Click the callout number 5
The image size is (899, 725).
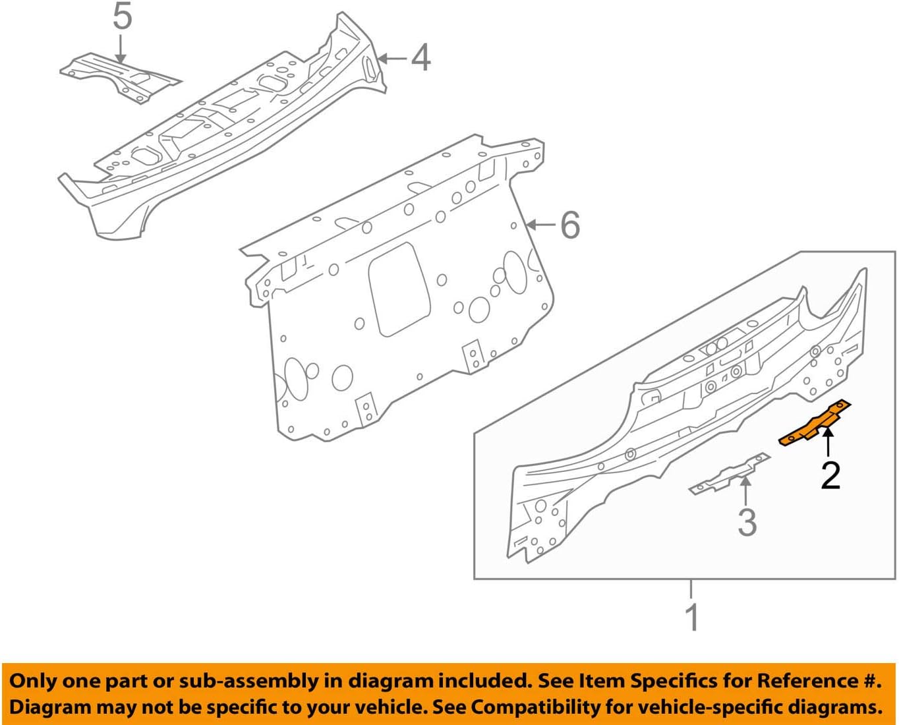coord(123,18)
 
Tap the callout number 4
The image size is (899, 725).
coord(421,58)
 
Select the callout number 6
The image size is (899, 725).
coord(570,225)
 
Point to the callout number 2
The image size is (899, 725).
coord(830,475)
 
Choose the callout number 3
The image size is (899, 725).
coord(747,522)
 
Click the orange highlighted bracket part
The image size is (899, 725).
coord(816,424)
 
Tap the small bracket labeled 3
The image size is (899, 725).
coord(728,475)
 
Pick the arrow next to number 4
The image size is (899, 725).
coord(392,58)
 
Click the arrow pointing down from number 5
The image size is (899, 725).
coord(121,49)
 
